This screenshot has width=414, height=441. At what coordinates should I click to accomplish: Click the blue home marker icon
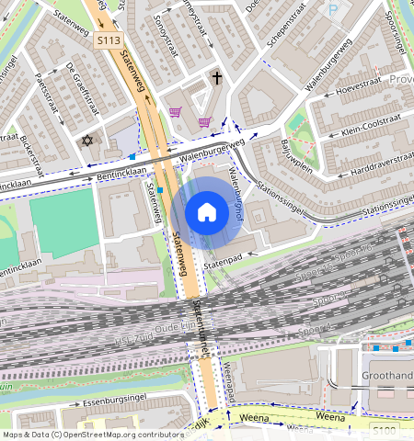coord(207,213)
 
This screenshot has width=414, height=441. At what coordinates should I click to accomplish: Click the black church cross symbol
coord(217,79)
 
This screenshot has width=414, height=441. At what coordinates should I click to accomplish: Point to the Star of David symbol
coord(88,141)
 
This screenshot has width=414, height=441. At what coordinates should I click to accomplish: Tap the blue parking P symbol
coord(332,9)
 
